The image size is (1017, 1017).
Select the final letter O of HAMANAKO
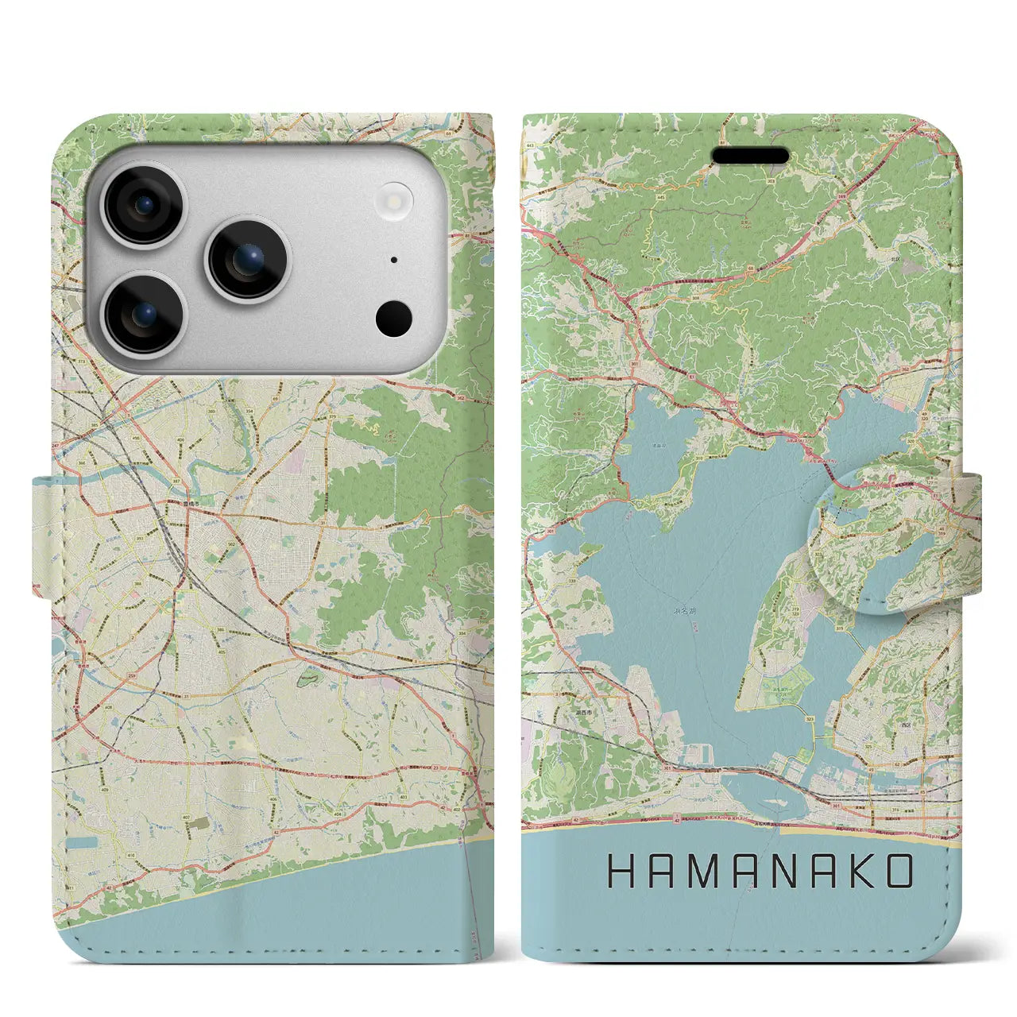pyautogui.click(x=898, y=872)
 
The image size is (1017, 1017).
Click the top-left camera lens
pyautogui.click(x=145, y=205)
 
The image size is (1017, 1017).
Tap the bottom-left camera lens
pyautogui.click(x=145, y=315)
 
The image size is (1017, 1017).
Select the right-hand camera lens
pyautogui.click(x=248, y=260)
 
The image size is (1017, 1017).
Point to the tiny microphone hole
pyautogui.click(x=394, y=260)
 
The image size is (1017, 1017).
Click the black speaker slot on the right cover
pyautogui.click(x=749, y=155)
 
